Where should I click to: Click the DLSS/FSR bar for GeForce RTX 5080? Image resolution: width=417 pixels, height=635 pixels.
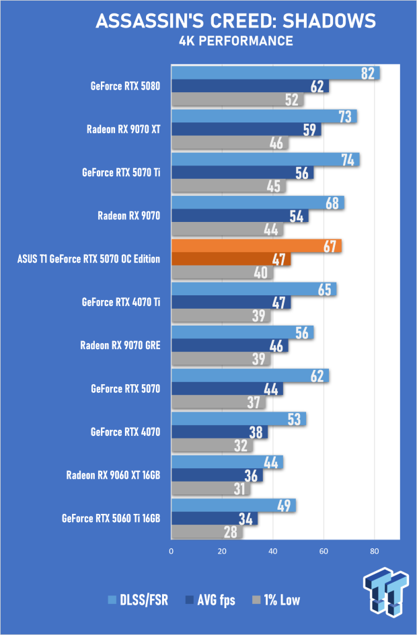275,73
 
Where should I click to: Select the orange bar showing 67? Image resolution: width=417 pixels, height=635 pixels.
256,246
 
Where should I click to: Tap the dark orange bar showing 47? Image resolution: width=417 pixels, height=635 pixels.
231,259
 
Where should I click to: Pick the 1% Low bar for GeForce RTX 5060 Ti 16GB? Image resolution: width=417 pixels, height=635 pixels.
207,532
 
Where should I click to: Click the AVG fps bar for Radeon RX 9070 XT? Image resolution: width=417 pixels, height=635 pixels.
246,130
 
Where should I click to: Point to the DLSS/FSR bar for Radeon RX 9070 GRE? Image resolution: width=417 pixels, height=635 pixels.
243,332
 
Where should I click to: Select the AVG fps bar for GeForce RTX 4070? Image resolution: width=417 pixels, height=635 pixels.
219,432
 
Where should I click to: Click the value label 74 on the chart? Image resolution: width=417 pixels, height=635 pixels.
348,159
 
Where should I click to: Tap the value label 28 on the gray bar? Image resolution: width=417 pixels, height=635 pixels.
231,532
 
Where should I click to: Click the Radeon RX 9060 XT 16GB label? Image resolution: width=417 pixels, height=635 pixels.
114,475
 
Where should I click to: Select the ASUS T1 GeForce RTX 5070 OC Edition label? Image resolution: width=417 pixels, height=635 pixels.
89,259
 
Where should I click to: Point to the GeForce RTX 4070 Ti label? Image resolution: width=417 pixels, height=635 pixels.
121,302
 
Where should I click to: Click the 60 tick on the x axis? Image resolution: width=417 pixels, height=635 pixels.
324,551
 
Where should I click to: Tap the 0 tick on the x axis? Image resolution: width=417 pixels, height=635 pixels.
172,551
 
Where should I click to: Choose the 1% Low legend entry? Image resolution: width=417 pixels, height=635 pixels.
276,600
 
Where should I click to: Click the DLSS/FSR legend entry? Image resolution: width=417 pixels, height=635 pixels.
138,600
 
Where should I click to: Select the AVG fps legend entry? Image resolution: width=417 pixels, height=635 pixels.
210,600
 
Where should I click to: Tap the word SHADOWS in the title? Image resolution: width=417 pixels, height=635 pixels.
329,21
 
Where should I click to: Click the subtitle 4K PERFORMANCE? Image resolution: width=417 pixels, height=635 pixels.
236,41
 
